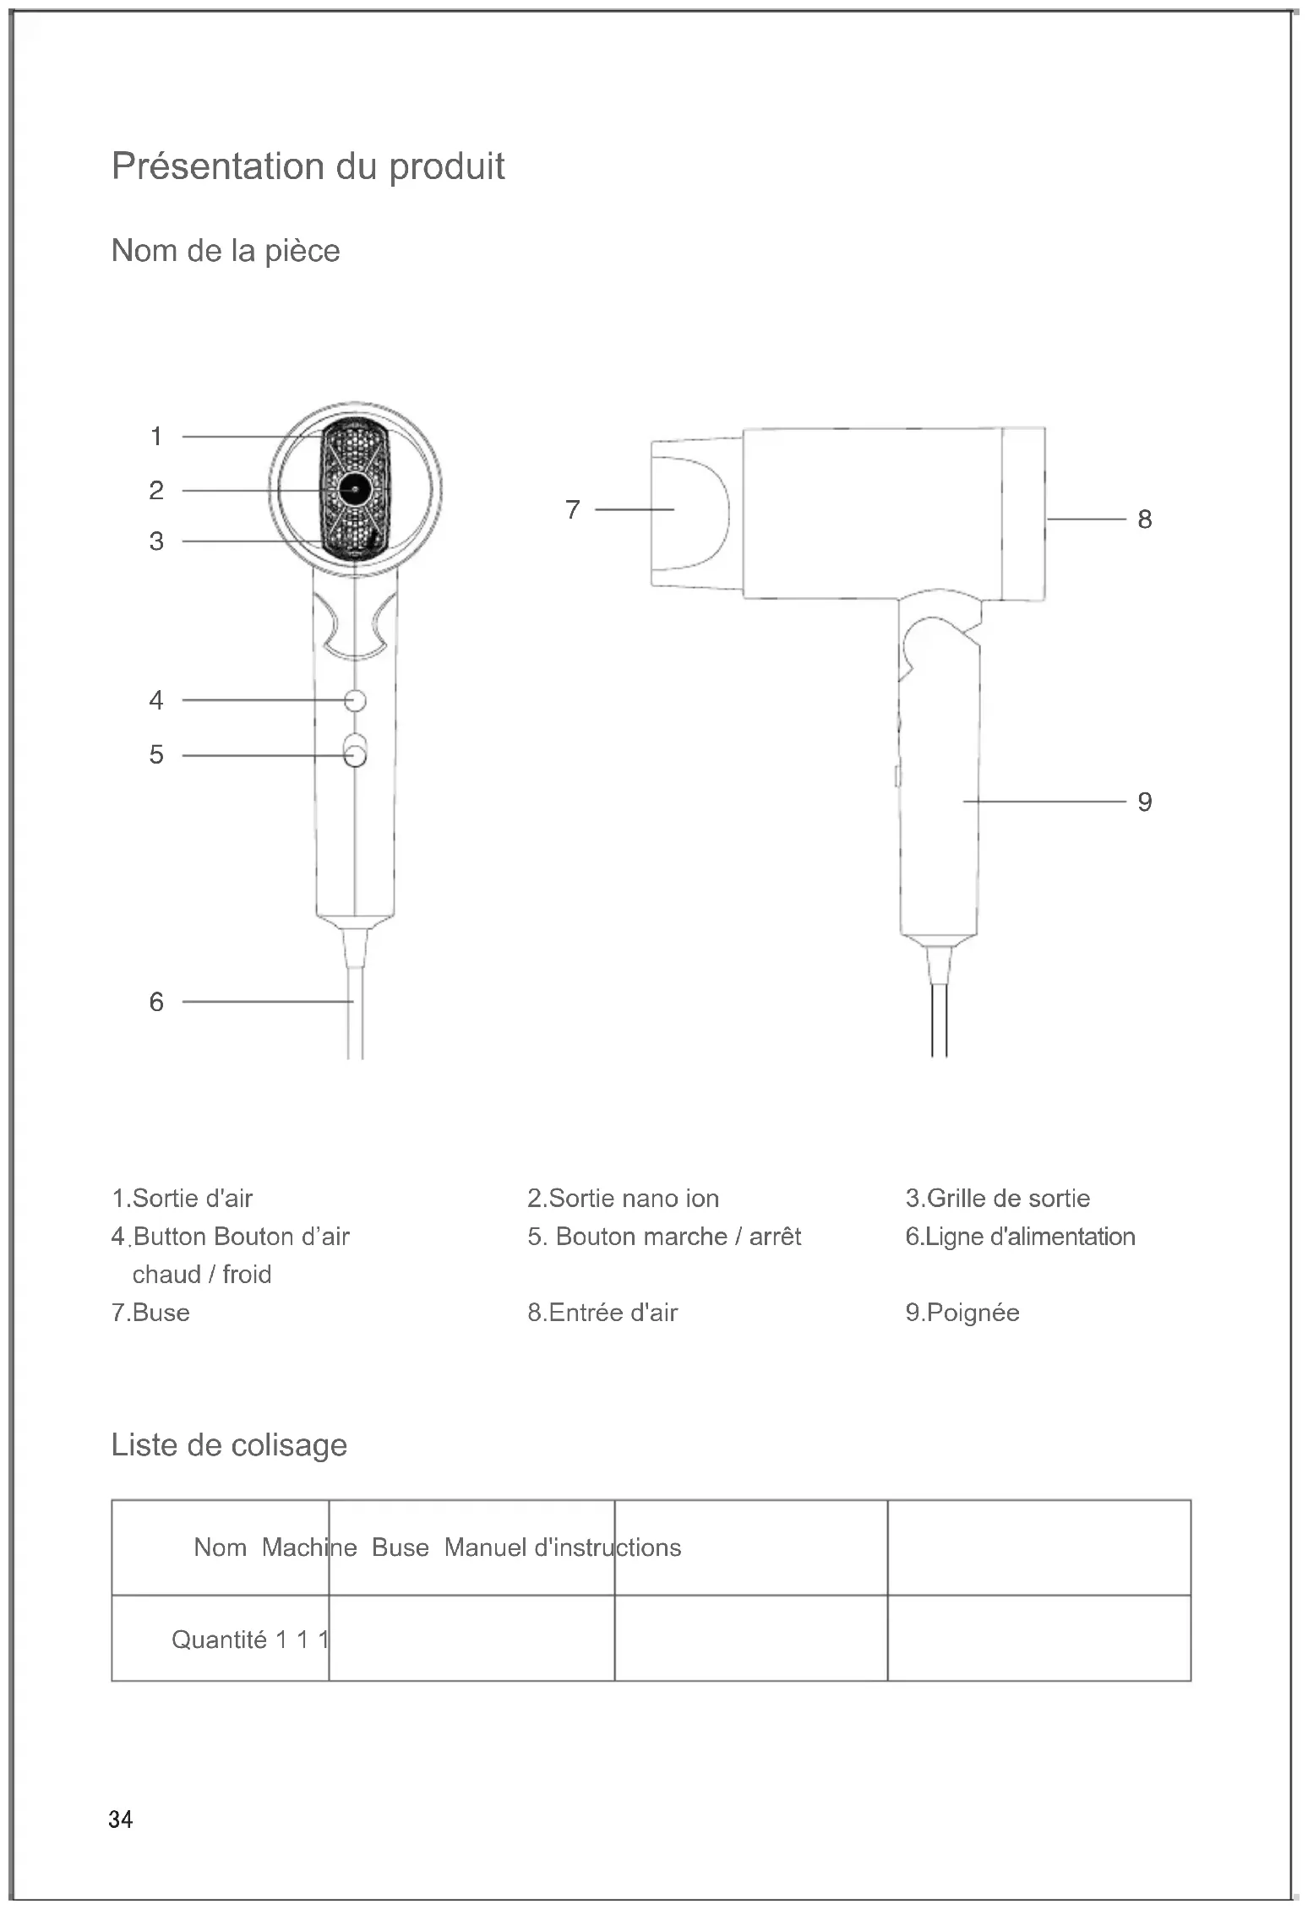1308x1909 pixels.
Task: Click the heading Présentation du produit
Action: pos(308,166)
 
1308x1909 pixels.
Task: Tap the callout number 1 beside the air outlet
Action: pos(156,437)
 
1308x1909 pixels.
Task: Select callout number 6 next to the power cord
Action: pos(156,1002)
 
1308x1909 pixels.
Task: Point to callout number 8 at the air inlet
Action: pos(1144,519)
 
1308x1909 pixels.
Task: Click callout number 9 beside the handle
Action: pos(1144,802)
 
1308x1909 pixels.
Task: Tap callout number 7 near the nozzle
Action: pos(573,510)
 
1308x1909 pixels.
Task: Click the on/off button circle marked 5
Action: pos(356,754)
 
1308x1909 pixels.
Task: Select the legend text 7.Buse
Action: pos(150,1313)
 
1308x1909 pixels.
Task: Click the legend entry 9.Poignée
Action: pos(962,1313)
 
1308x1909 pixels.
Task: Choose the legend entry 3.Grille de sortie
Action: pos(997,1198)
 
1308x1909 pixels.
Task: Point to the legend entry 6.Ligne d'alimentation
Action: pos(1020,1237)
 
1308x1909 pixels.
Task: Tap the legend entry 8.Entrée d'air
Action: pos(602,1313)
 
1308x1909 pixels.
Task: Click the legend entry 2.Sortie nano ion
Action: pos(623,1198)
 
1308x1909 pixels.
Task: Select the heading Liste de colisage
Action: pos(229,1445)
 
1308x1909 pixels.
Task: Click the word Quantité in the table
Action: pos(219,1640)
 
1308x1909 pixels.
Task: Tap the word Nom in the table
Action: pos(220,1547)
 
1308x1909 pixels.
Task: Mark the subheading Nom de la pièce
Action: pos(226,251)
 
